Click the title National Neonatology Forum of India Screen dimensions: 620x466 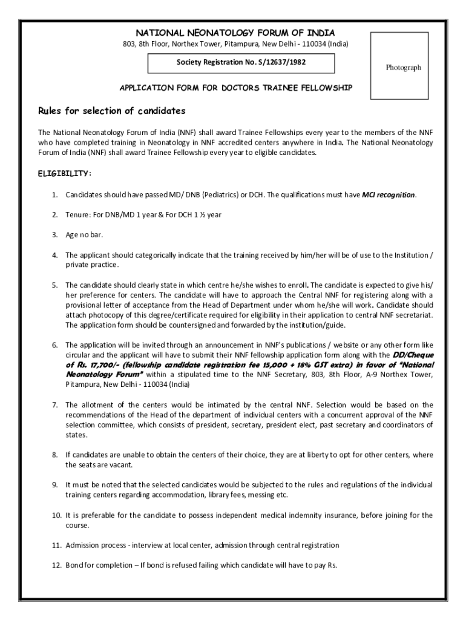235,33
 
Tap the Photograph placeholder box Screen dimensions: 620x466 403,67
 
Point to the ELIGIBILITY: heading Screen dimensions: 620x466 65,174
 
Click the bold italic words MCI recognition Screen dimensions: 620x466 389,195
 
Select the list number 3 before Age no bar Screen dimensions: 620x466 54,234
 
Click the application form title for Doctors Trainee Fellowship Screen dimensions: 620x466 235,88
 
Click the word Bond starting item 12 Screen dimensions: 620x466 74,565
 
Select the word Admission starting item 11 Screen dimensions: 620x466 83,545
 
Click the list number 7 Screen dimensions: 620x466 54,404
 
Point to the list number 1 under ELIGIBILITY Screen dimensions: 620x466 54,195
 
